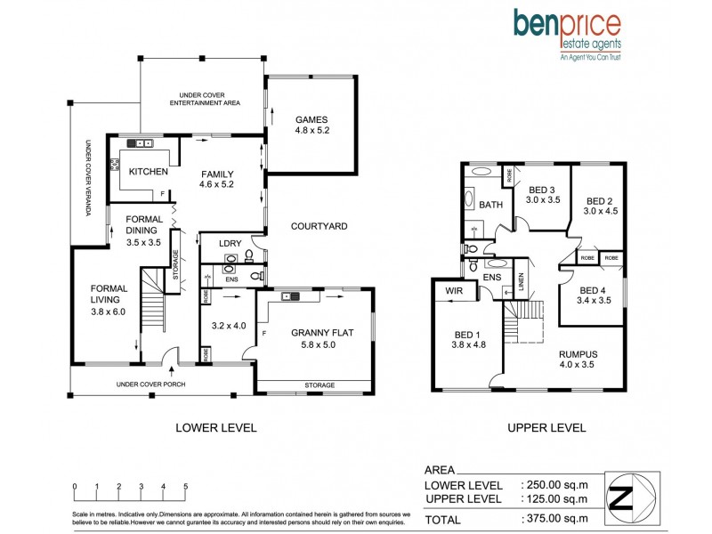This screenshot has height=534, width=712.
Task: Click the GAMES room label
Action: coord(311,119)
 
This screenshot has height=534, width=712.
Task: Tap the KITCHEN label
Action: coord(142,172)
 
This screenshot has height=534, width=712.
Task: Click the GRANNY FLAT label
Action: coord(321,333)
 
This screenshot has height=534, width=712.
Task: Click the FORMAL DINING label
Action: coord(143,223)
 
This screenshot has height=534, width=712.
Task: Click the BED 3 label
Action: coord(542,189)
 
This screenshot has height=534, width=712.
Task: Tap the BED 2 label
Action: coord(599,200)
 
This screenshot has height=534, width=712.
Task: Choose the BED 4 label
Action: coord(592,289)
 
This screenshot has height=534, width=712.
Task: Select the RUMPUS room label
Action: coord(578,353)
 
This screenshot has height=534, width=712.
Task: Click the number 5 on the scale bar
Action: coord(185,487)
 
